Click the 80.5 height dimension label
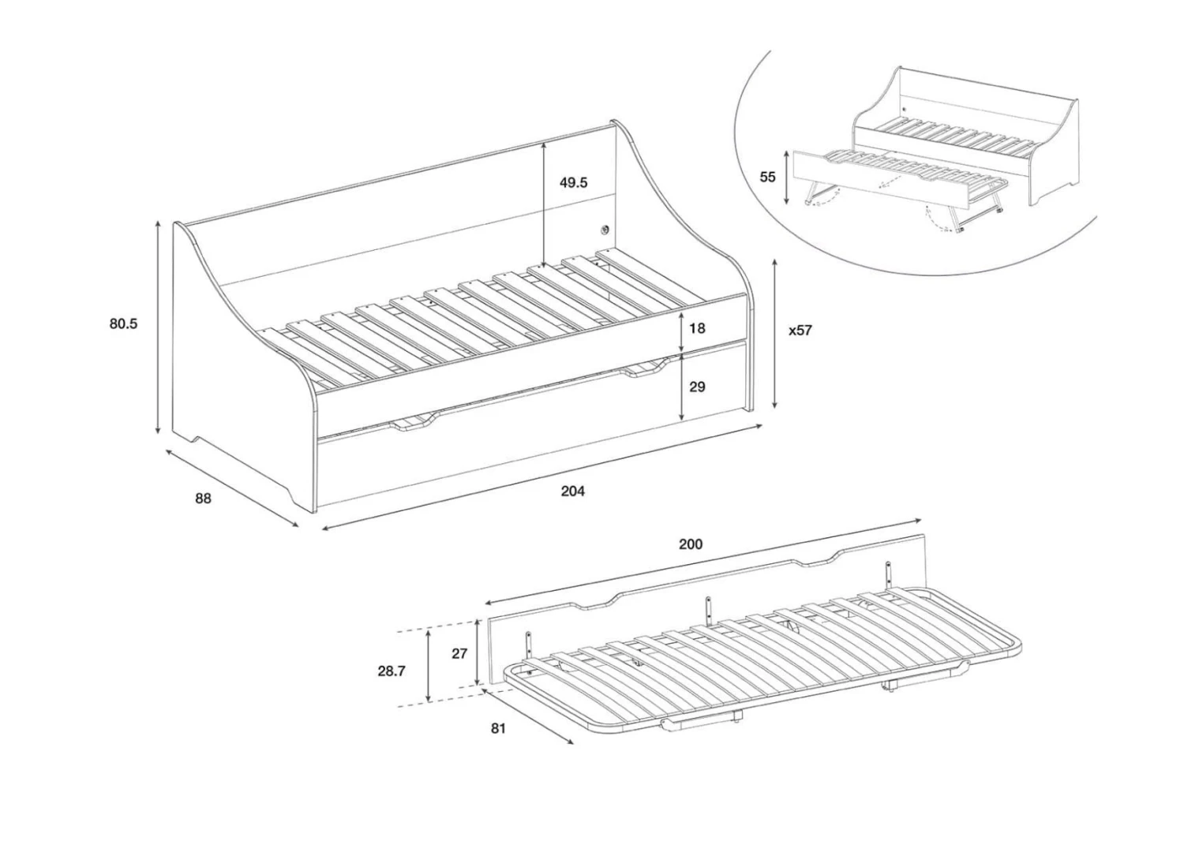123,323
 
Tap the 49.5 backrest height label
574,183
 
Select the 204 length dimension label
573,491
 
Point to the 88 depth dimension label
203,499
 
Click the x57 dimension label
800,331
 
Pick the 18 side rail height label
697,329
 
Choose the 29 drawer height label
697,387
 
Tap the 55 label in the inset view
767,177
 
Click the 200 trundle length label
691,544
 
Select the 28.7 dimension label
392,671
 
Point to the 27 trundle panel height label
459,653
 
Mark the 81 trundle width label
498,729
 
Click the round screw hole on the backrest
605,230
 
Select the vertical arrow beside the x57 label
775,334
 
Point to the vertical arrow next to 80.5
158,327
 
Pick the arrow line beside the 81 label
528,716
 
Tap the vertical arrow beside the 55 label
786,178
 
